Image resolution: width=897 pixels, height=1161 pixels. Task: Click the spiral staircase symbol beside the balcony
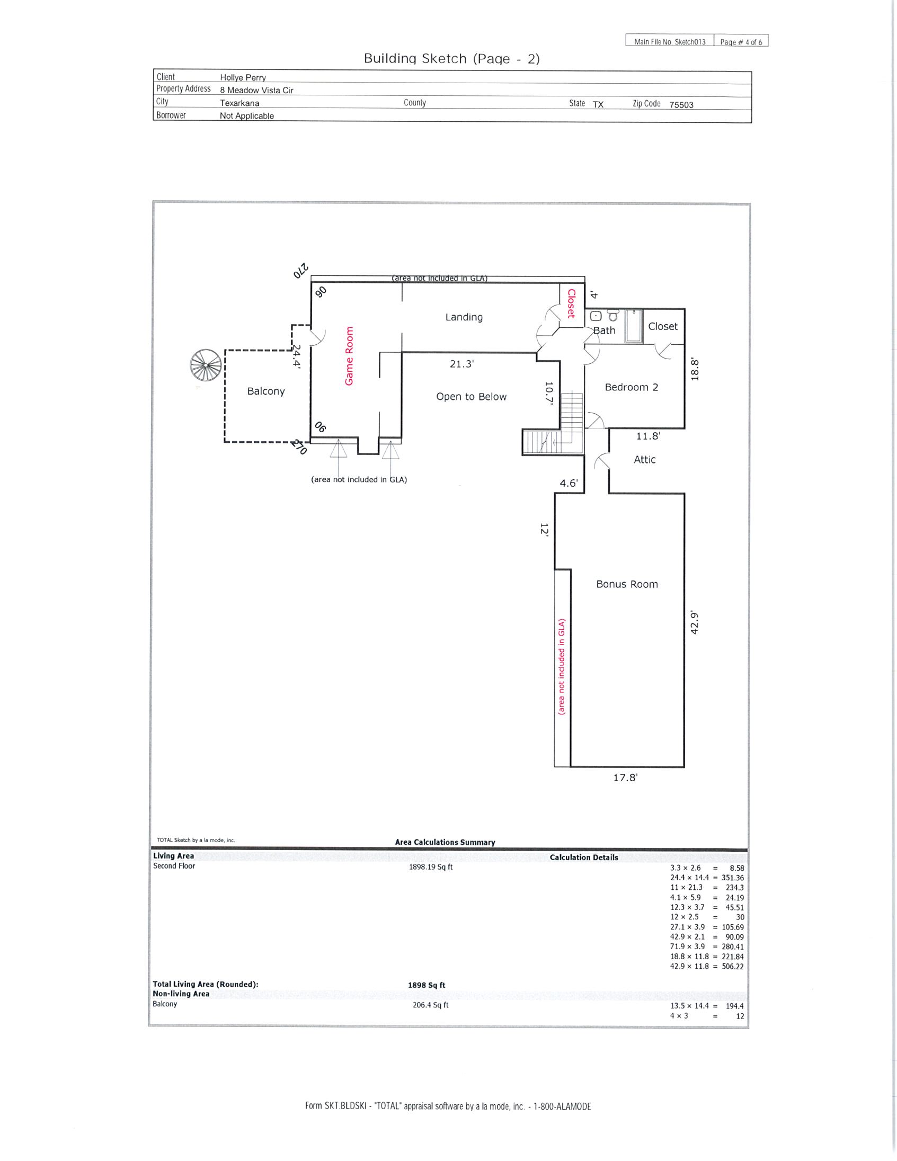[205, 365]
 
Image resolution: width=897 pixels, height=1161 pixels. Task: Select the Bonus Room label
[627, 584]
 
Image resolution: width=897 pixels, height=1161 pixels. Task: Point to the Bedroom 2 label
[631, 387]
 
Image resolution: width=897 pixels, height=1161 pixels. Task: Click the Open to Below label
[471, 397]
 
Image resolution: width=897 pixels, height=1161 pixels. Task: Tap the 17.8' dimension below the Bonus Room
[625, 777]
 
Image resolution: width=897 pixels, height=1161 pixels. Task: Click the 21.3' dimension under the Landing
[461, 364]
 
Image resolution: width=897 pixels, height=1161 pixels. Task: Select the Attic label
[644, 459]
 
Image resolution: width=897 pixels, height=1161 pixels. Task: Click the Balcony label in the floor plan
[266, 391]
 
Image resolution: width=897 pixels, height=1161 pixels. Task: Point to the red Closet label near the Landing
[571, 303]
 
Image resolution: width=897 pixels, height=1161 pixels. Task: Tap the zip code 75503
[681, 105]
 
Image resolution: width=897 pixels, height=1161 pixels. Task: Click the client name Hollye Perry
[243, 78]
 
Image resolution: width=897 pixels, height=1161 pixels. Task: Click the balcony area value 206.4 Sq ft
[431, 1005]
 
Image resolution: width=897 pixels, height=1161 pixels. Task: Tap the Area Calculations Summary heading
[445, 842]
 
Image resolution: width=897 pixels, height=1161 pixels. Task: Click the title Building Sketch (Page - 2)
[451, 58]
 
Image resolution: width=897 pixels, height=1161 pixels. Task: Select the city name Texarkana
[239, 103]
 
